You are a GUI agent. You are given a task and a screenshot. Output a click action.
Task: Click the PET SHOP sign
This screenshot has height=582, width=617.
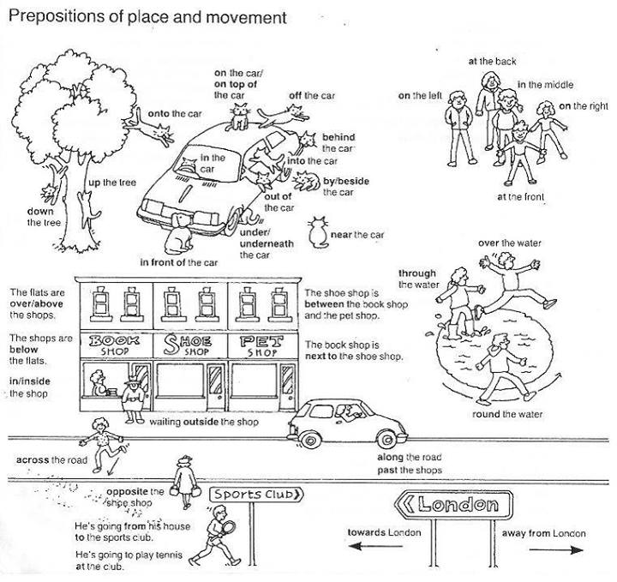257,345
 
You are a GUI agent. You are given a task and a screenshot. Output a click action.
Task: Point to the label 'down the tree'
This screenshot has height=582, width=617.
41,217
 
